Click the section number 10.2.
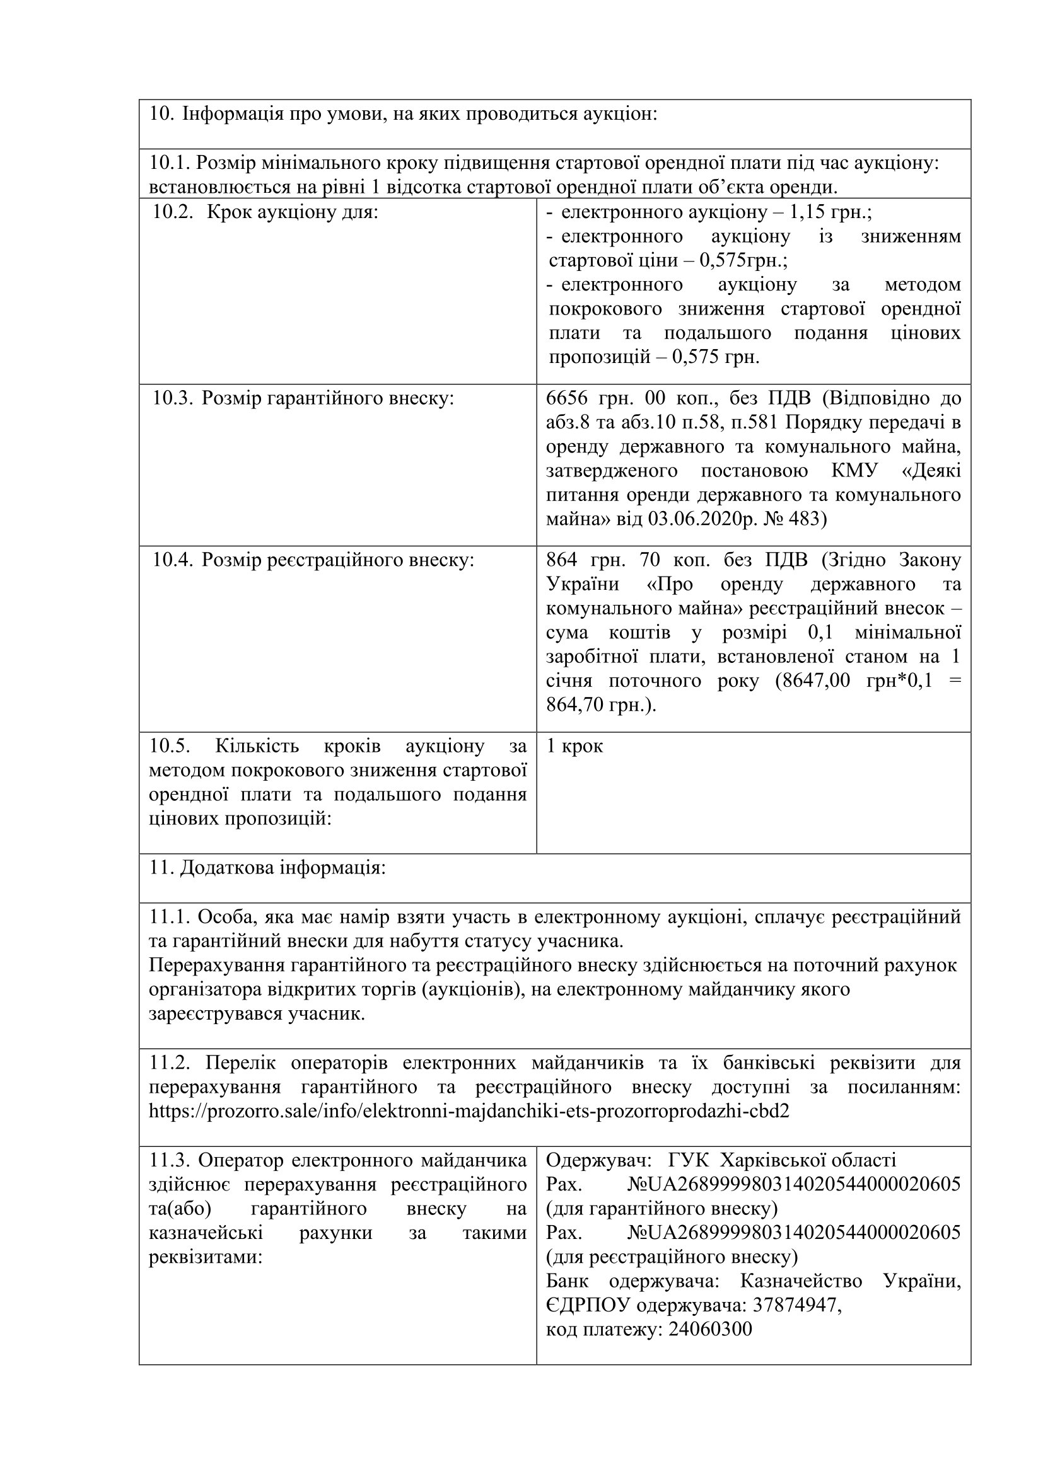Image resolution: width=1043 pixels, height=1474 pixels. click(x=172, y=212)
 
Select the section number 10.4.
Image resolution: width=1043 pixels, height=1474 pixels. click(x=172, y=560)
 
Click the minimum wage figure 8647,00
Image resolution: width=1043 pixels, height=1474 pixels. click(x=812, y=681)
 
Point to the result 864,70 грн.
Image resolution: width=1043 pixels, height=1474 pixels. click(x=600, y=705)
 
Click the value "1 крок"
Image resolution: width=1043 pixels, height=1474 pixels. click(x=574, y=746)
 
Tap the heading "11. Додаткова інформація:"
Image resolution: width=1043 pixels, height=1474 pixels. click(x=268, y=868)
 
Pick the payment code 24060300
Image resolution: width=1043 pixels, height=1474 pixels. click(x=709, y=1329)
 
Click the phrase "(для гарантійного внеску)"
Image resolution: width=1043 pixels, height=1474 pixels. click(x=661, y=1209)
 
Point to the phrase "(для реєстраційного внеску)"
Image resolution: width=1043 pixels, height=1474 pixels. click(x=672, y=1257)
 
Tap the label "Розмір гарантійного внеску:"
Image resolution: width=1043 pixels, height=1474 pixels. click(x=327, y=398)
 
